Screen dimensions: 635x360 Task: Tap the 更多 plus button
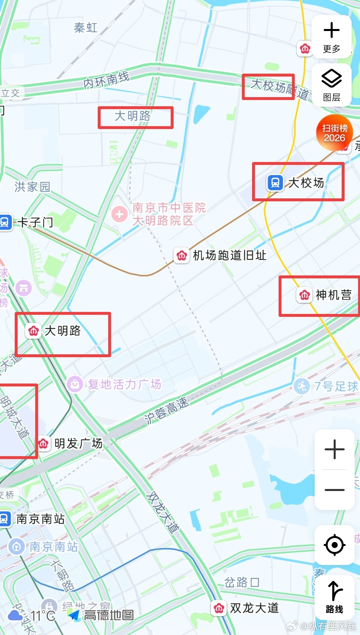[331, 36]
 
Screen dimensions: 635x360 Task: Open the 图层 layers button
[331, 85]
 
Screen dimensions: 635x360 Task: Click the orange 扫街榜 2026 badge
[334, 133]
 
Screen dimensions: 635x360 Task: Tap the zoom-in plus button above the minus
[334, 449]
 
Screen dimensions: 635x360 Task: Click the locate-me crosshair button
[334, 545]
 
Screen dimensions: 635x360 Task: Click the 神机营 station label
[333, 295]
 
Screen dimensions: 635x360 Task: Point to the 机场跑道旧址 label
[230, 255]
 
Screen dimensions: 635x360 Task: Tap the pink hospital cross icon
[119, 214]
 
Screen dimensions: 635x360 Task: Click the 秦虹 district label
[86, 28]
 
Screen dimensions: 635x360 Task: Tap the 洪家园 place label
[32, 187]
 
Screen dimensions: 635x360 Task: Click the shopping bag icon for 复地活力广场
[75, 384]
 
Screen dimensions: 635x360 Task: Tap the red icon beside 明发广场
[43, 444]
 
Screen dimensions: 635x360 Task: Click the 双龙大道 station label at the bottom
[254, 608]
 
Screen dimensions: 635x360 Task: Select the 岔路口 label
[242, 582]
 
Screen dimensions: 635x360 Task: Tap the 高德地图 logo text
[109, 615]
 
